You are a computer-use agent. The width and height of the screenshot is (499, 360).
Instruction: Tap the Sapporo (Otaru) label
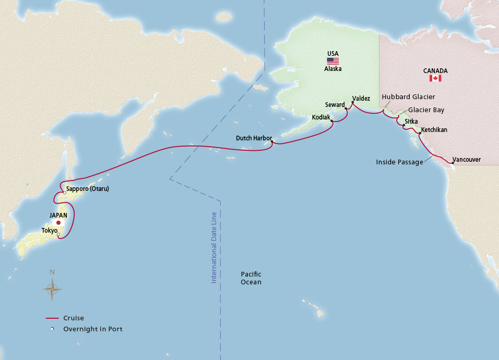(88, 188)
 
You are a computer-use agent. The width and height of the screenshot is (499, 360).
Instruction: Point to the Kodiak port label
(320, 117)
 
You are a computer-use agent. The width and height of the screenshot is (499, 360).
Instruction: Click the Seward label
(335, 104)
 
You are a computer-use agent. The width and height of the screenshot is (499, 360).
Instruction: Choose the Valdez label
(361, 98)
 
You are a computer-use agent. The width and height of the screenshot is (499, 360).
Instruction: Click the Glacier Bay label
(426, 110)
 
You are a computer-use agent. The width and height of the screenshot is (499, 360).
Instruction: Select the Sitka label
(411, 122)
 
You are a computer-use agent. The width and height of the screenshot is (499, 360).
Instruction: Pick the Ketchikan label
(434, 130)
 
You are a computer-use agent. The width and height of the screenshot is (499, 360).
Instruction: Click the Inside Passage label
(399, 162)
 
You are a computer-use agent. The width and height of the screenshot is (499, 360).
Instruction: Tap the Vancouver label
(467, 160)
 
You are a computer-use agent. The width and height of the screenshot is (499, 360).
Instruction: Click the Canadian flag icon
(435, 78)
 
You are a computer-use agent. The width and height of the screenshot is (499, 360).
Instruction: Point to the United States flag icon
(333, 61)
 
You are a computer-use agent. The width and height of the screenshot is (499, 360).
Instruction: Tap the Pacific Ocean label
(251, 278)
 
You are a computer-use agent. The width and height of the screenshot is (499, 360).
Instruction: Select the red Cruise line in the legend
(52, 318)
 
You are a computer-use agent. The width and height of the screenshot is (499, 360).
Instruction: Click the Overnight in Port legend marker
(52, 329)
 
